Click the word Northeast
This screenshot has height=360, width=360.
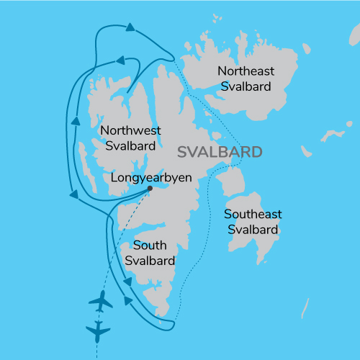coord(245,71)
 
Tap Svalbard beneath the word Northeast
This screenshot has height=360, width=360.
coord(245,86)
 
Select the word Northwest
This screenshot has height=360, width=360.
coord(130,130)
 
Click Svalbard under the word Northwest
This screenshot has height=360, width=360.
coord(130,145)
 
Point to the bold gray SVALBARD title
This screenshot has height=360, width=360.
coord(220,153)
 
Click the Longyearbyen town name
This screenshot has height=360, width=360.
coord(151,176)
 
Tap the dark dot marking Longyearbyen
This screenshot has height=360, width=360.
coord(150,189)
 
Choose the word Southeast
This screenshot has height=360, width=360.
coord(252,215)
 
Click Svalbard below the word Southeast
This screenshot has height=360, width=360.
coord(252,230)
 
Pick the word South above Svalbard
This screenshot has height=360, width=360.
coord(150,246)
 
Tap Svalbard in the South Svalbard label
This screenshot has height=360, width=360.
coord(150,261)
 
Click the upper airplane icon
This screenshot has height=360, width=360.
coord(101,302)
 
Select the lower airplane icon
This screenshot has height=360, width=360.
coord(97,331)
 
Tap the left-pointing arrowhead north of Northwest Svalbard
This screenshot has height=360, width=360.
coord(121,61)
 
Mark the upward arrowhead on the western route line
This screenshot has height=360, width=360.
coord(73,120)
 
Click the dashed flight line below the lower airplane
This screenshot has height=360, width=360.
coord(97,350)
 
